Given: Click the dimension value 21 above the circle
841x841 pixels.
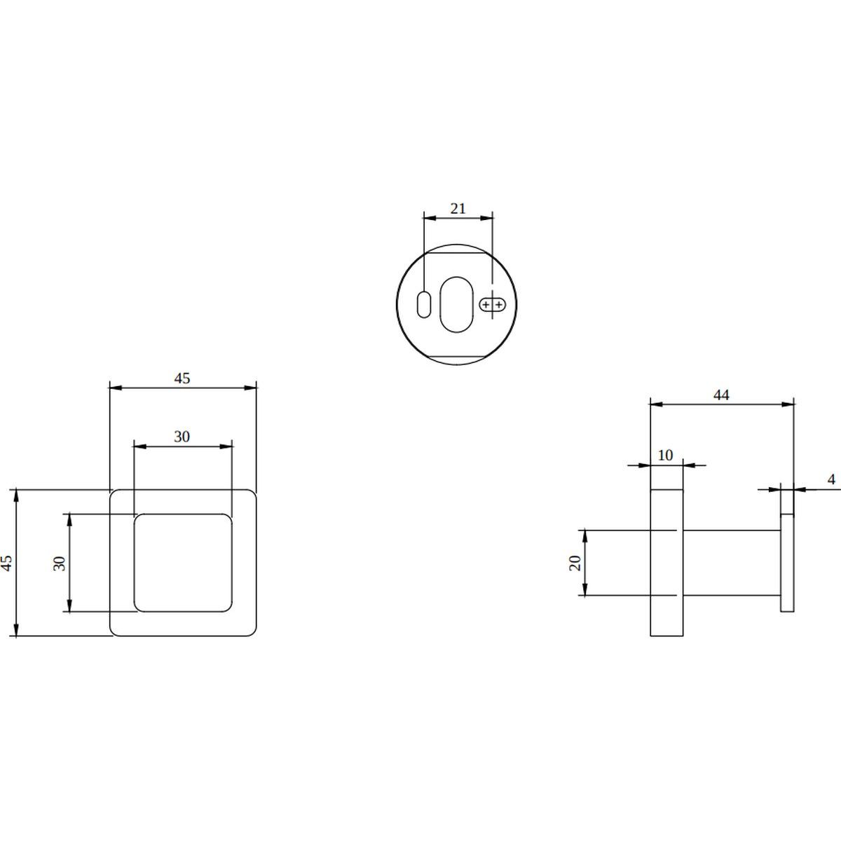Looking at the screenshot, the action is [x=458, y=209].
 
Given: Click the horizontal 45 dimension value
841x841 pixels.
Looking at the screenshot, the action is [x=182, y=378].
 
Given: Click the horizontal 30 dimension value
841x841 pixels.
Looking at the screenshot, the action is [x=182, y=436].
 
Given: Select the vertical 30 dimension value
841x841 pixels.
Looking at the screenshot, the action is [x=60, y=563].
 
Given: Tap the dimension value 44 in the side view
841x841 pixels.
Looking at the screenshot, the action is [x=721, y=395].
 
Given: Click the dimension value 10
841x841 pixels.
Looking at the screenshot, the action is [x=665, y=456].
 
